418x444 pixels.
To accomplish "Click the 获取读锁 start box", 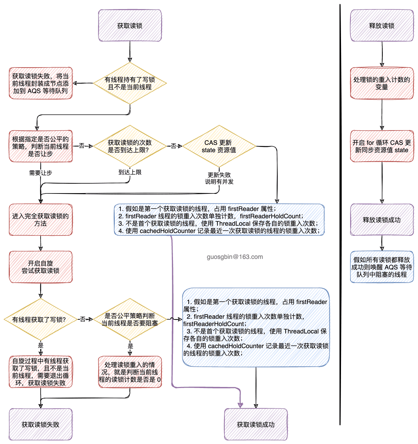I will [130, 26].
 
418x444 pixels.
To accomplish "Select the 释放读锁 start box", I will [382, 26].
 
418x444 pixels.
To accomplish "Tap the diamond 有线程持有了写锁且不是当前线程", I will [130, 83].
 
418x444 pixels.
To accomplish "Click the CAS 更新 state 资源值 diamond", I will [219, 146].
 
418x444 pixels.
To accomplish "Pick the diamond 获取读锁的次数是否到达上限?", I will [130, 146].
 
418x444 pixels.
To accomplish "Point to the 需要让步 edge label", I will [41, 173].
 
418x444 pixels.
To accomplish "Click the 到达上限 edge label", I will [130, 172].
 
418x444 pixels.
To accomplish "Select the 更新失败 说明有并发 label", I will [219, 178].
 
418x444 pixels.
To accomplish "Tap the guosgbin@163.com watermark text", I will [235, 257].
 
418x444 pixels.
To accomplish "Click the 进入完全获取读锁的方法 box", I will [41, 220].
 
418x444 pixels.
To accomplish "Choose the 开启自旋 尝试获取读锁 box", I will [41, 267].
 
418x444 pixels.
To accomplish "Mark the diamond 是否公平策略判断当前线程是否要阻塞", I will [130, 319].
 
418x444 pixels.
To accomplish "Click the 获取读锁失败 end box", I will [41, 424].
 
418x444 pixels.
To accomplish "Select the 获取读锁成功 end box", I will [256, 424].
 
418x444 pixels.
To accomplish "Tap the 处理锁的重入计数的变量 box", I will [382, 83].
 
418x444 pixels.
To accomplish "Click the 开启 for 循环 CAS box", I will [382, 146].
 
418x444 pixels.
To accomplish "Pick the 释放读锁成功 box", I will [382, 220].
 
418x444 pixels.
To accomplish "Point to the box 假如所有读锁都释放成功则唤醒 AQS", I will [382, 267].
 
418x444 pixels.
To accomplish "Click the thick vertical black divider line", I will [340, 210].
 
